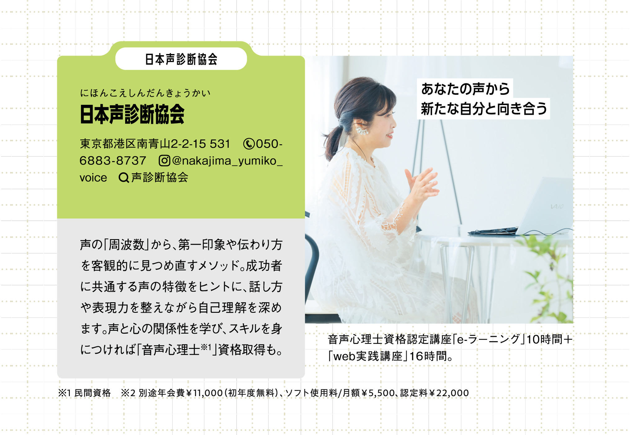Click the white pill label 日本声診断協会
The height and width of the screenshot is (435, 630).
pyautogui.click(x=181, y=59)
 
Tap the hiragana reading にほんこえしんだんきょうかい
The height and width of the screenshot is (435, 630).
pyautogui.click(x=145, y=93)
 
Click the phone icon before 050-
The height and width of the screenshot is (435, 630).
pyautogui.click(x=249, y=144)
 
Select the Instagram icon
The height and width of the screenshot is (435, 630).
pyautogui.click(x=164, y=161)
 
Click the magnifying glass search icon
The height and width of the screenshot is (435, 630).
pyautogui.click(x=124, y=178)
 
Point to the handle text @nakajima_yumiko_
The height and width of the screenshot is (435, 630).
pyautogui.click(x=227, y=161)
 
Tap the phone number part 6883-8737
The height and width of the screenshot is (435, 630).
pyautogui.click(x=113, y=161)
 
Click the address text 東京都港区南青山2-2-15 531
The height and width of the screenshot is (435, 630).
pyautogui.click(x=155, y=144)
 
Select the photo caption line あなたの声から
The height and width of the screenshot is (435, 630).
pyautogui.click(x=465, y=89)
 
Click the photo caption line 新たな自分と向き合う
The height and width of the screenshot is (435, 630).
pyautogui.click(x=484, y=108)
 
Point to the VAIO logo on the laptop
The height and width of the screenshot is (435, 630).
pyautogui.click(x=557, y=206)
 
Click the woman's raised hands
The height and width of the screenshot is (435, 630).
pyautogui.click(x=422, y=183)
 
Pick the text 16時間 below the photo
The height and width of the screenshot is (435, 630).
pyautogui.click(x=428, y=356)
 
